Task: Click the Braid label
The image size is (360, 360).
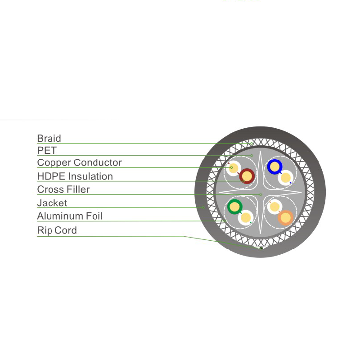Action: [x=49, y=139]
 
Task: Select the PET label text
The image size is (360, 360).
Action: [x=47, y=150]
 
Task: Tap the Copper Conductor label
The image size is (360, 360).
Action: [x=80, y=162]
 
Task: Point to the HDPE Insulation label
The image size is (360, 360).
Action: [x=75, y=176]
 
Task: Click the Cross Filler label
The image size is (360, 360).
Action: [x=63, y=189]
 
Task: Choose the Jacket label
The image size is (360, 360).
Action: [x=52, y=203]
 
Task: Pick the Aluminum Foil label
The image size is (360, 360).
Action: [x=70, y=216]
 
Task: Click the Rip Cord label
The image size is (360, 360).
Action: [x=57, y=230]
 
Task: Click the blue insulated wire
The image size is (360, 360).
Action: [x=274, y=167]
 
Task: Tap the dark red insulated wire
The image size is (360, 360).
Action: [x=247, y=176]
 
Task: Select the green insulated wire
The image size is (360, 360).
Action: [x=234, y=207]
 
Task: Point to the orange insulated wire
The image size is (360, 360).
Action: [x=286, y=218]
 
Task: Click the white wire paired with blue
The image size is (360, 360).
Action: [x=286, y=178]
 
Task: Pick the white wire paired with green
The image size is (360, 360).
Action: [x=246, y=218]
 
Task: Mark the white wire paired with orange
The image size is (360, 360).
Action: [x=274, y=207]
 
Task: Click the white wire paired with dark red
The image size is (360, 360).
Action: [x=234, y=168]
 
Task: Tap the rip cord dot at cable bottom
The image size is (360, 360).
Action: [x=261, y=248]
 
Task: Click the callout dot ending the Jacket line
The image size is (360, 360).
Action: [x=203, y=207]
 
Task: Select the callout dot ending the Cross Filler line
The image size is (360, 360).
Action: [x=261, y=194]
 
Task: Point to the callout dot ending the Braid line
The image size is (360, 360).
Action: [x=252, y=144]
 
